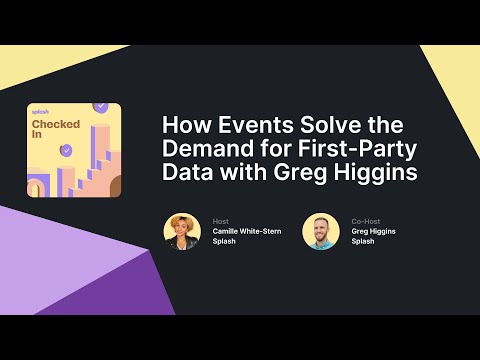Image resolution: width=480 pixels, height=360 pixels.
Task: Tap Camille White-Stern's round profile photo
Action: tap(182, 231)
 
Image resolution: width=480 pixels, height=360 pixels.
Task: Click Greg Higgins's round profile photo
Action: tap(321, 231)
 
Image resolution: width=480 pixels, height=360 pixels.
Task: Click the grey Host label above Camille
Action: tap(221, 220)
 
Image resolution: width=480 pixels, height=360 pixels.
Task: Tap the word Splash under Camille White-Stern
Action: tap(226, 242)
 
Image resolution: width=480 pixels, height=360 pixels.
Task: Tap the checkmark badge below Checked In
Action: tap(66, 150)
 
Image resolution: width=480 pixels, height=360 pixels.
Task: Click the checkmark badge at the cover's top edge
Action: tap(100, 106)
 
